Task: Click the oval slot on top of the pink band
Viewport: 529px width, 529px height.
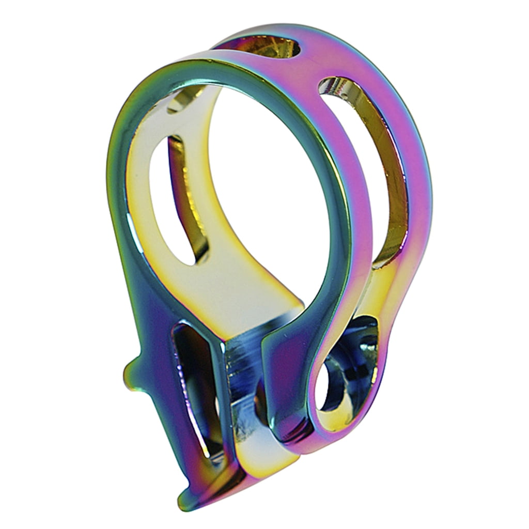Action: coord(279,46)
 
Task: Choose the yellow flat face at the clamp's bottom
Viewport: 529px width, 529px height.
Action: coord(258,455)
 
